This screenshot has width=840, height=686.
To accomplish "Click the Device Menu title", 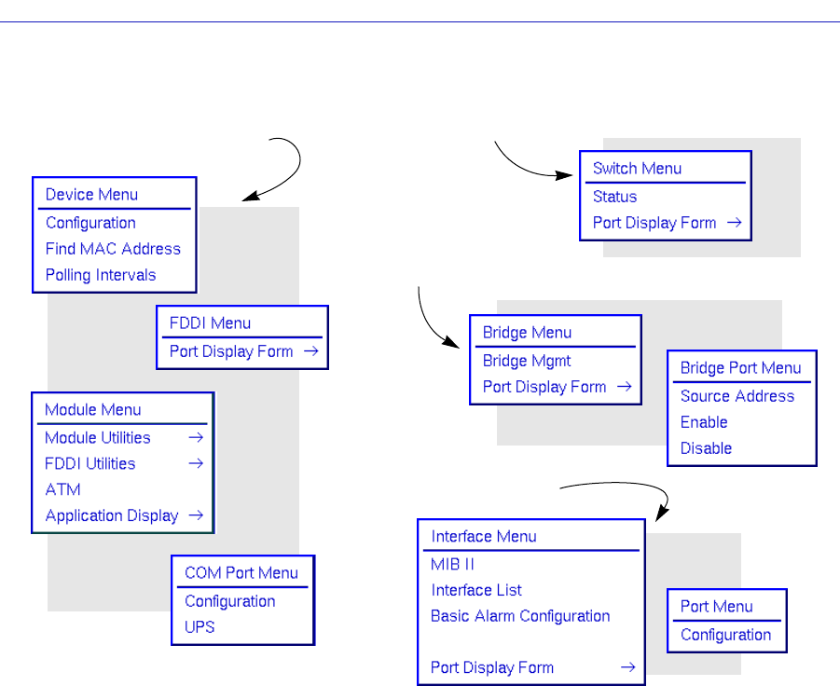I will (91, 195).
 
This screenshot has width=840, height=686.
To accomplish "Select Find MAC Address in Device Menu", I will (113, 249).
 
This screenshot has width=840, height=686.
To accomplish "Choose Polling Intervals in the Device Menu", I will (101, 275).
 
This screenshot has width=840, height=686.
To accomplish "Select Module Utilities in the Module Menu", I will (98, 437).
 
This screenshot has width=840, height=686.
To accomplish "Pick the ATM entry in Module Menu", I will (62, 489).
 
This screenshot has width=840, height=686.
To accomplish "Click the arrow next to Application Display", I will (196, 515).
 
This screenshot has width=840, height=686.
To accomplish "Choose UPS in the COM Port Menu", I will (200, 627).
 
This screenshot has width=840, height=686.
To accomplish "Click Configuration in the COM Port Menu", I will (229, 601).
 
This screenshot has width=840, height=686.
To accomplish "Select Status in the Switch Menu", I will (614, 197).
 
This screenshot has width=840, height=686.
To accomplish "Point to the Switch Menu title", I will (637, 169).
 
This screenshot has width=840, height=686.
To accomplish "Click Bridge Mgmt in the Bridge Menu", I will (527, 361).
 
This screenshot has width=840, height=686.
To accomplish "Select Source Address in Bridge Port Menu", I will (737, 396).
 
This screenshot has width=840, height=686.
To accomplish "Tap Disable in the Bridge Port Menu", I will (706, 448).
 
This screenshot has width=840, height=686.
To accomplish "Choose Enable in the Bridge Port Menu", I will (704, 422).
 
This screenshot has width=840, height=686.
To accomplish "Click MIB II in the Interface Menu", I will (453, 564).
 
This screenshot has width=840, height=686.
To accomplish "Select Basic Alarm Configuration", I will (520, 616).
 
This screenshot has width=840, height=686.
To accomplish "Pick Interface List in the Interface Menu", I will (475, 590).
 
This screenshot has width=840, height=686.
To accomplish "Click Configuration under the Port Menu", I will (725, 635).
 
